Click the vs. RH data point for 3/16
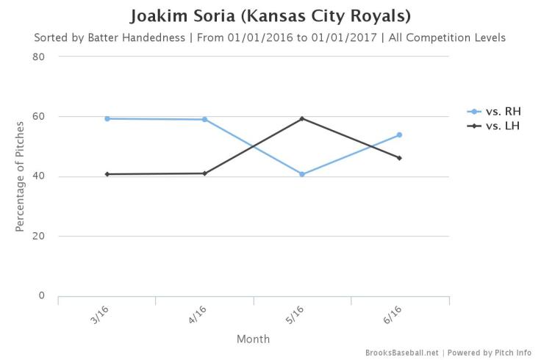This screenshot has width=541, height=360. [107, 118]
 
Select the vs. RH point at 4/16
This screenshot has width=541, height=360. [204, 119]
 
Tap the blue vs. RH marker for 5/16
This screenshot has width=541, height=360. [302, 174]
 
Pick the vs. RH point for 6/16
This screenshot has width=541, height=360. [399, 134]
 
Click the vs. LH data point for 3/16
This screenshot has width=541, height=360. [107, 174]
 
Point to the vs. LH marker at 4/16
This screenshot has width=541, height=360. [204, 173]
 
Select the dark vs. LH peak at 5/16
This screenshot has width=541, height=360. [302, 118]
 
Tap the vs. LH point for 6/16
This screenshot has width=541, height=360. [399, 158]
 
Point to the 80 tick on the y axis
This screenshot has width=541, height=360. [39, 57]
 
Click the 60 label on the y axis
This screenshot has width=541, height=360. [39, 116]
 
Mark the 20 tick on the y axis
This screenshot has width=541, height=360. [39, 236]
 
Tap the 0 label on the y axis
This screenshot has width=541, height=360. [42, 295]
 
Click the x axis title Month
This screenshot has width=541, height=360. [253, 339]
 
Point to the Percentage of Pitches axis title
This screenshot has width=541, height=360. [21, 176]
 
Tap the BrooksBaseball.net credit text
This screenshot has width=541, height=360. [402, 353]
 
